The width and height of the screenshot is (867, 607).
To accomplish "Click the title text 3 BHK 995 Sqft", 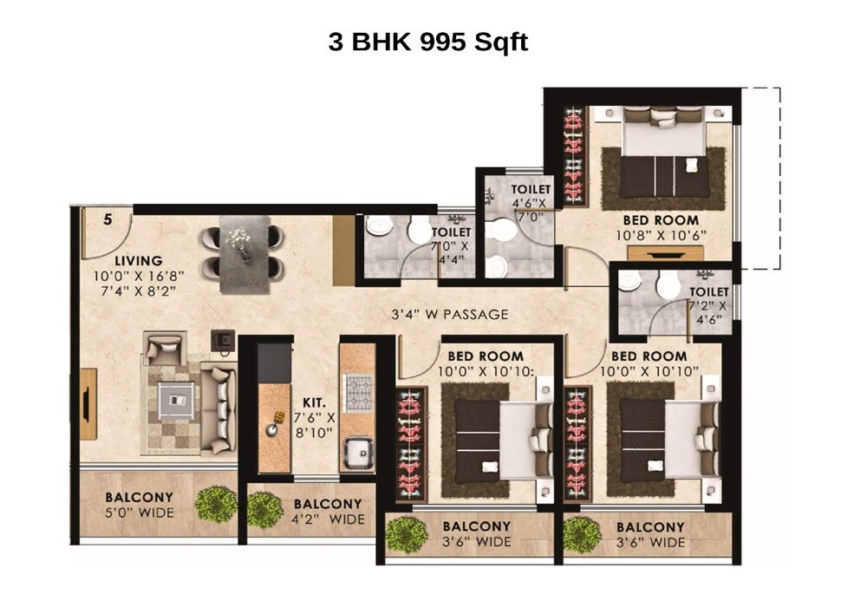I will pos(427,42).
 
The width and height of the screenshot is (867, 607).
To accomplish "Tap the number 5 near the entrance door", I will pos(108,219).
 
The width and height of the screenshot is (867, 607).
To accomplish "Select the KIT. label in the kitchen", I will pos(313,402).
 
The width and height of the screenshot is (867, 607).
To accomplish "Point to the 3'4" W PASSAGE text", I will pos(448,314).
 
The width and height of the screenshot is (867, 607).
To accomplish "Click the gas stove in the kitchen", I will pos(359,392).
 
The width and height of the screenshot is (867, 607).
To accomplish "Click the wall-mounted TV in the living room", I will pos(88,403).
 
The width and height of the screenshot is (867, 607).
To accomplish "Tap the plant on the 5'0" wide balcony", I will pos(216,504).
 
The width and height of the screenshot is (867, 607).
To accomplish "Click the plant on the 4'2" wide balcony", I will pos(264,509).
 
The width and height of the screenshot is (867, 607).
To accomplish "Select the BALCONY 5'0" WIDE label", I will pos(140,506).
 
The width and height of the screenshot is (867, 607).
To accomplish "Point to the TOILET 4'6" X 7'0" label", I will pos(530,203).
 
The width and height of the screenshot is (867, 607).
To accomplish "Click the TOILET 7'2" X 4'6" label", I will pos(708,304).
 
